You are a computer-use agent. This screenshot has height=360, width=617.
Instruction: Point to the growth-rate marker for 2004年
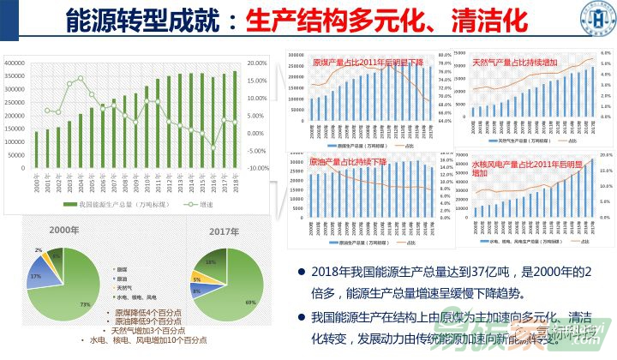coord(81,79)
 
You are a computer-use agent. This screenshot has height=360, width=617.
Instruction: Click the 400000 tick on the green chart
coord(14,63)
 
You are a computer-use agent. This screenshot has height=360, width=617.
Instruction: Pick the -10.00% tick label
coord(259,168)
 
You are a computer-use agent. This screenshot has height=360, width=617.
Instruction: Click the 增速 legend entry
coord(201,204)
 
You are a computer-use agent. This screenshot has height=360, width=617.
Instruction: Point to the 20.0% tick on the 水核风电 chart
coord(603,155)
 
